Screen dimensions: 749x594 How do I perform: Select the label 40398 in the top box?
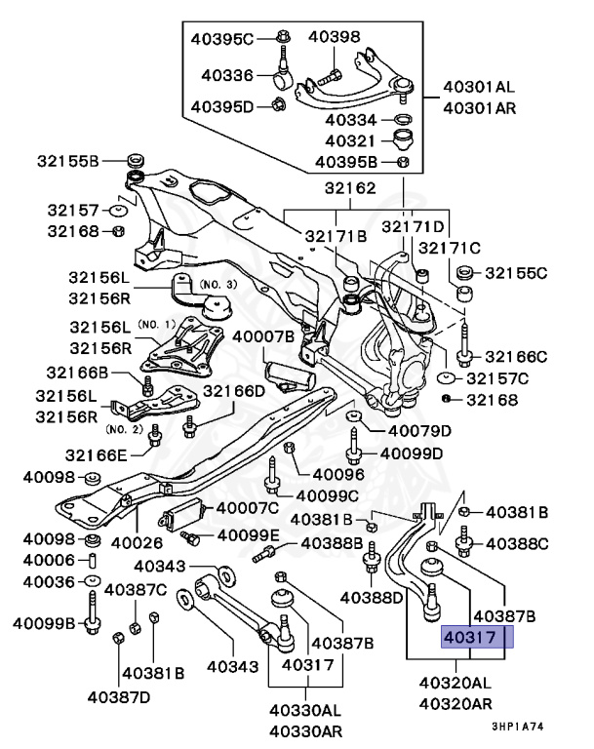pyautogui.click(x=335, y=37)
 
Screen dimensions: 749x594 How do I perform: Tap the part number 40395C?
pyautogui.click(x=221, y=38)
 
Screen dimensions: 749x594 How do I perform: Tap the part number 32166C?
pyautogui.click(x=516, y=356)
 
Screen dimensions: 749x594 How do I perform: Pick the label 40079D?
pyautogui.click(x=419, y=430)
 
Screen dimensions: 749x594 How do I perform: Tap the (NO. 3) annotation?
pyautogui.click(x=218, y=284)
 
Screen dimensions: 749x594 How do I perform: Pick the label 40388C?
pyautogui.click(x=516, y=542)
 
